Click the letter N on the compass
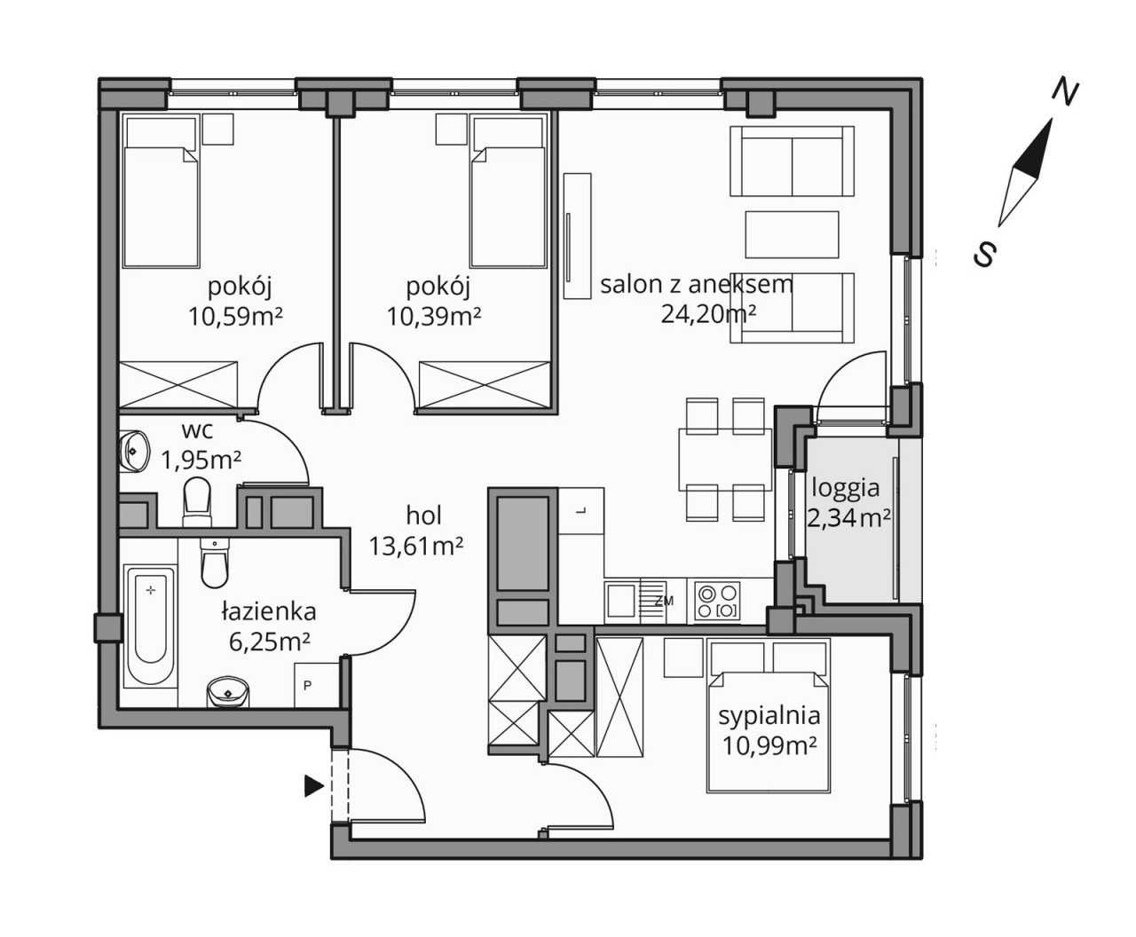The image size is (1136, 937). [1065, 97]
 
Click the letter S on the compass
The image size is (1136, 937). [986, 254]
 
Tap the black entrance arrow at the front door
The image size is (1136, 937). [314, 786]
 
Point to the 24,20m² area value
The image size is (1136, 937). [708, 313]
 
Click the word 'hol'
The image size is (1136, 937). [424, 516]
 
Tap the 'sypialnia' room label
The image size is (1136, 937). [769, 715]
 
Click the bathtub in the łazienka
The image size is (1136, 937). [151, 634]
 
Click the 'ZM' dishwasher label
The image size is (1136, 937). [665, 602]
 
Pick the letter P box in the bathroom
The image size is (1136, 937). [316, 686]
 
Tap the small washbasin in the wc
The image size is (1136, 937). [133, 451]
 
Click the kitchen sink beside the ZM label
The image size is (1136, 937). [620, 601]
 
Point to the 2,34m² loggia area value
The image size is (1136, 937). [848, 518]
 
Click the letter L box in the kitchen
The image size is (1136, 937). [581, 510]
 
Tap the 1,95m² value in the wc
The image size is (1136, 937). [201, 461]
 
